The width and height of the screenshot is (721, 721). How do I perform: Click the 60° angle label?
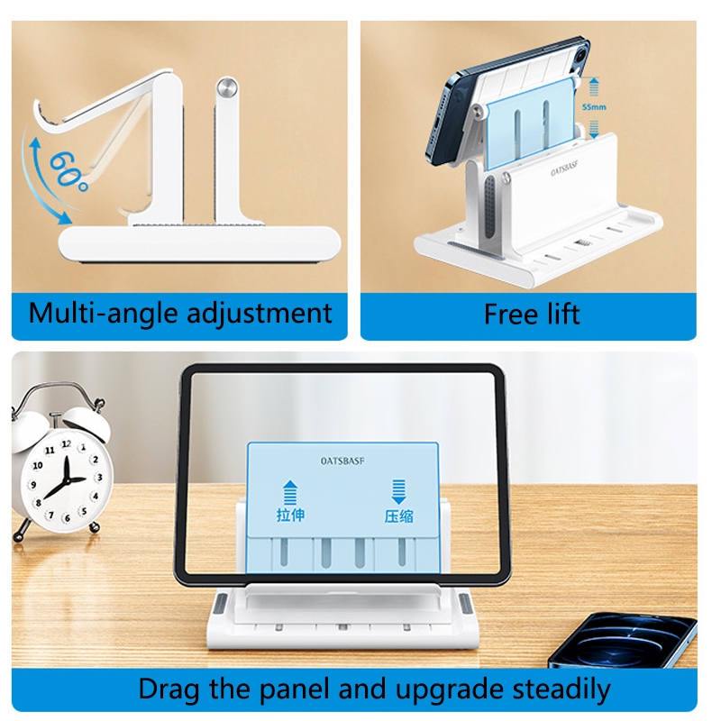point(69,171)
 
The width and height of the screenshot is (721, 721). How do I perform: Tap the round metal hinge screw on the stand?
point(227,87)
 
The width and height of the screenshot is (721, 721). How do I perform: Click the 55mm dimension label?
point(594,107)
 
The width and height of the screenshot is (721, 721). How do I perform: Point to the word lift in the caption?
point(563,314)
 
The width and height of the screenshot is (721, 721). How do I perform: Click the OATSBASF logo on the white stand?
point(564,169)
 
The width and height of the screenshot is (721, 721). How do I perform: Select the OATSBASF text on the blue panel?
point(342,461)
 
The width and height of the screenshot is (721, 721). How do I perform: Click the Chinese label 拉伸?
point(290,515)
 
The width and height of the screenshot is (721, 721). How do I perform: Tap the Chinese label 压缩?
point(398,516)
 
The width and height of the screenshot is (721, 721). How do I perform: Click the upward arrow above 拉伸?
point(289,492)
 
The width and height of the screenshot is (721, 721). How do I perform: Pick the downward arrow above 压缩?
point(398,492)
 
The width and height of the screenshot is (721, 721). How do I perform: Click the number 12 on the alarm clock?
point(66,444)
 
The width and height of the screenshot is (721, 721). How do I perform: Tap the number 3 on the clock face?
point(99,478)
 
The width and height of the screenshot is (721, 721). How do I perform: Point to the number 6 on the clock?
point(68,518)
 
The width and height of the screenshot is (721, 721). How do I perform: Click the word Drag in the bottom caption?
point(169,689)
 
